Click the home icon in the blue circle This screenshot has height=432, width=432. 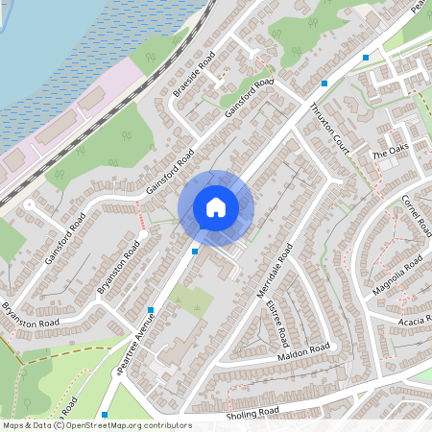click(216, 206)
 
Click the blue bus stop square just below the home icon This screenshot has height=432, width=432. click(195, 251)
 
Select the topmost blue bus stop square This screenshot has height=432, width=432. click(366, 58)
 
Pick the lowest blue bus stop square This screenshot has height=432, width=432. click(105, 415)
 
